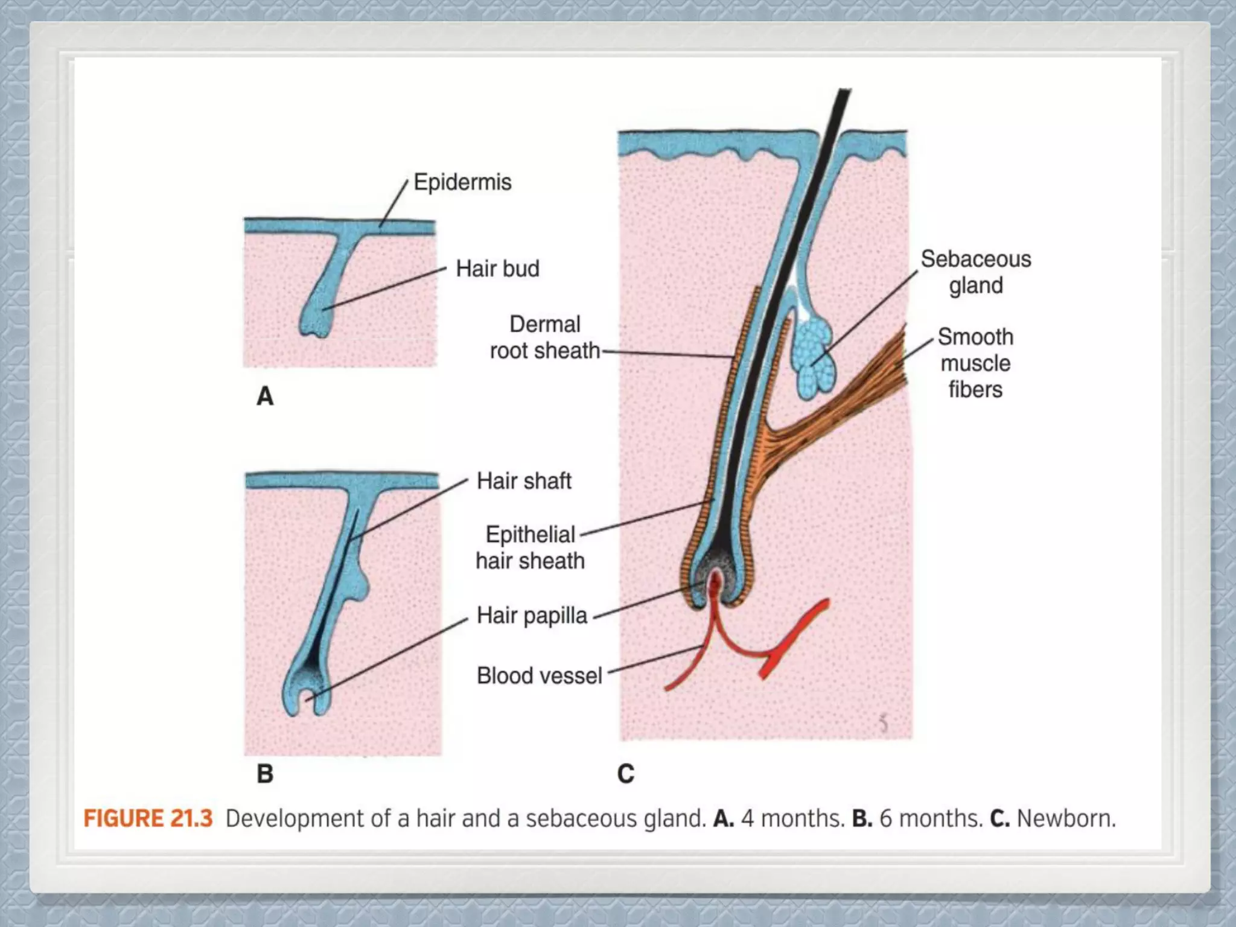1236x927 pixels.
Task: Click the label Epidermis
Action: tap(462, 182)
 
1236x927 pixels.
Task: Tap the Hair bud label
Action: tap(497, 269)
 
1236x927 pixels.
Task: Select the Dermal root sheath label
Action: tap(544, 337)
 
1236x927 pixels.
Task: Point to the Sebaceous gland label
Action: tap(975, 272)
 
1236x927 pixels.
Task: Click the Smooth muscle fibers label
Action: tap(975, 363)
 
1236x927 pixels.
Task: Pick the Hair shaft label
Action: tap(523, 481)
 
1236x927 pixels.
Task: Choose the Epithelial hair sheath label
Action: tap(530, 547)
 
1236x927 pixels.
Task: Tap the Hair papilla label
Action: tap(532, 616)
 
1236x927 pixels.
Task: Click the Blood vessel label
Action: tap(539, 675)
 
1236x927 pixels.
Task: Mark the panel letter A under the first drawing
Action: tap(265, 397)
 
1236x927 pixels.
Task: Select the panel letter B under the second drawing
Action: tap(265, 774)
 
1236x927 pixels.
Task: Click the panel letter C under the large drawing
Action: tap(626, 774)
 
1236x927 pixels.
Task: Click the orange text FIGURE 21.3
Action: tap(148, 819)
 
